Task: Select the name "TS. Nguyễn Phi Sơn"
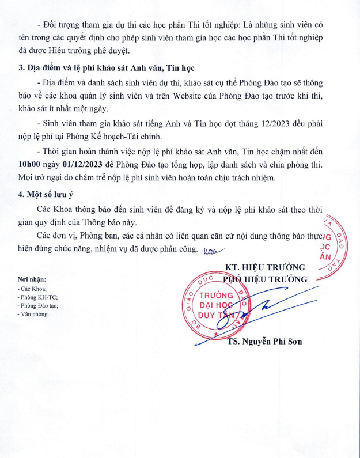tap(264, 341)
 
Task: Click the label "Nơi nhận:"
tap(32, 279)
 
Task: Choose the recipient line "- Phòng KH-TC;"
tap(37, 297)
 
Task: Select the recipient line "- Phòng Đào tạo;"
tap(38, 306)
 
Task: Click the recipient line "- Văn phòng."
tap(33, 315)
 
